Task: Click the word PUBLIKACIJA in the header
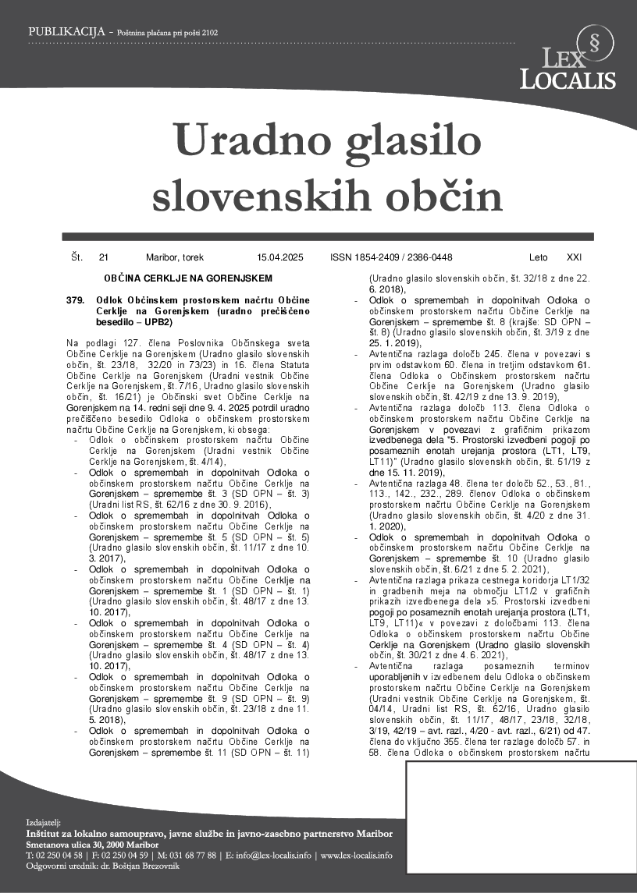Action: coord(66,32)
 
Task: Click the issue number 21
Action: coord(104,257)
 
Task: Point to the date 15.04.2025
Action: coord(279,257)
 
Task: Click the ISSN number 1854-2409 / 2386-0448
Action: coord(391,257)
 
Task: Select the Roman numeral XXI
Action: coord(574,257)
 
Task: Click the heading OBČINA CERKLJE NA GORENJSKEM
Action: coord(187,278)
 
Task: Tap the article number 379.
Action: coord(75,300)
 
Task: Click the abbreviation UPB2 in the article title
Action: coord(155,321)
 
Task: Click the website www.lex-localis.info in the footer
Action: coord(356,856)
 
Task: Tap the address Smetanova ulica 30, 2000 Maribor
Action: coord(91,845)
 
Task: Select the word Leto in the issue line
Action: coord(538,257)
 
